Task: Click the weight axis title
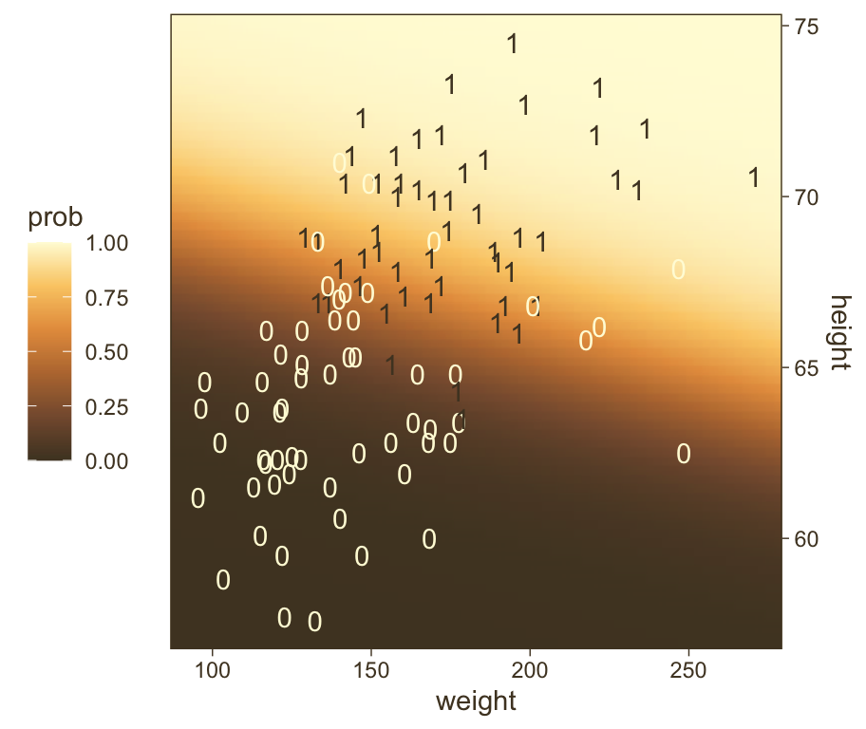476,702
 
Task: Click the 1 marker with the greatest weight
754,178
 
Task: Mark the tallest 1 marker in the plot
513,44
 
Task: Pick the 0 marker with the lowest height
314,622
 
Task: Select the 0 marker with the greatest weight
684,454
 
